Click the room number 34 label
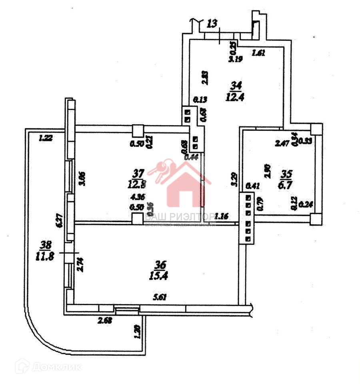tap(236, 85)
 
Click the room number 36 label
tap(160, 265)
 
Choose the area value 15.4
tap(160, 275)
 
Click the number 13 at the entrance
tap(213, 24)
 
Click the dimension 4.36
tap(138, 196)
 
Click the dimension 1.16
tap(221, 216)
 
